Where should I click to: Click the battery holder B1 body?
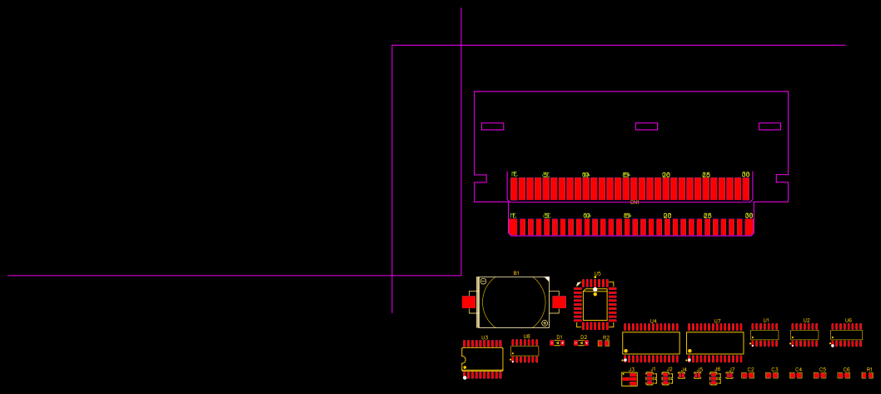click(x=513, y=302)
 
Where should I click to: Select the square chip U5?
click(x=595, y=305)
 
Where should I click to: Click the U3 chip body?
click(x=483, y=359)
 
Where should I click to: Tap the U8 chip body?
click(x=525, y=351)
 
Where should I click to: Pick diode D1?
click(x=557, y=343)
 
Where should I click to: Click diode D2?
click(x=581, y=343)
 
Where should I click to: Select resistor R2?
click(x=604, y=343)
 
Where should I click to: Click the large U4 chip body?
click(x=651, y=342)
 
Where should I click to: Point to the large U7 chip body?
click(x=714, y=342)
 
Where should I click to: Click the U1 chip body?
click(x=764, y=335)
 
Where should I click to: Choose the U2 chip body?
click(x=804, y=335)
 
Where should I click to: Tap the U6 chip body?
click(x=846, y=335)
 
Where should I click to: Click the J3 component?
click(x=630, y=379)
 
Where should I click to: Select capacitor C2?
click(x=748, y=376)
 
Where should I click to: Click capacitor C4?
click(x=796, y=376)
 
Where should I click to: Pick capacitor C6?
click(x=844, y=376)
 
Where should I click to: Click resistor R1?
click(x=868, y=376)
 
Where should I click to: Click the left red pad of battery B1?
click(x=469, y=302)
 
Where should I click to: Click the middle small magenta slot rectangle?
click(x=646, y=127)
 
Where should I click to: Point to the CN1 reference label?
click(x=635, y=202)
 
